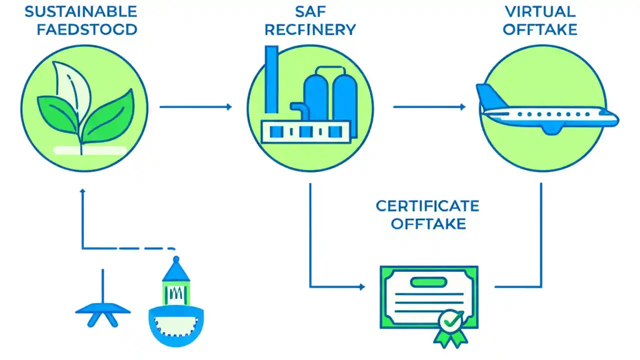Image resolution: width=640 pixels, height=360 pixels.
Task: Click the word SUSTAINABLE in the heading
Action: pos(80,11)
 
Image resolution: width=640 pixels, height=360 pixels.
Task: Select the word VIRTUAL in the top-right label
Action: pos(540,11)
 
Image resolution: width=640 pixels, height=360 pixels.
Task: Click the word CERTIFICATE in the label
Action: pos(427,205)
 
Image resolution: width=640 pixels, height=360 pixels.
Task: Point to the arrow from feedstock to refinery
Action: pos(195,106)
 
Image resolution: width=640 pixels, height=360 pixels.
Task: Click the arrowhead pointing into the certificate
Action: pos(362,287)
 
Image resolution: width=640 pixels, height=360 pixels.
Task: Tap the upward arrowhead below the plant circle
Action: pos(82,191)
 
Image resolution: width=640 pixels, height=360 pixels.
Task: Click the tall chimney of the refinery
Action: pos(271,82)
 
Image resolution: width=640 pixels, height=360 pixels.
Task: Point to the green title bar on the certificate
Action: pos(428,282)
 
